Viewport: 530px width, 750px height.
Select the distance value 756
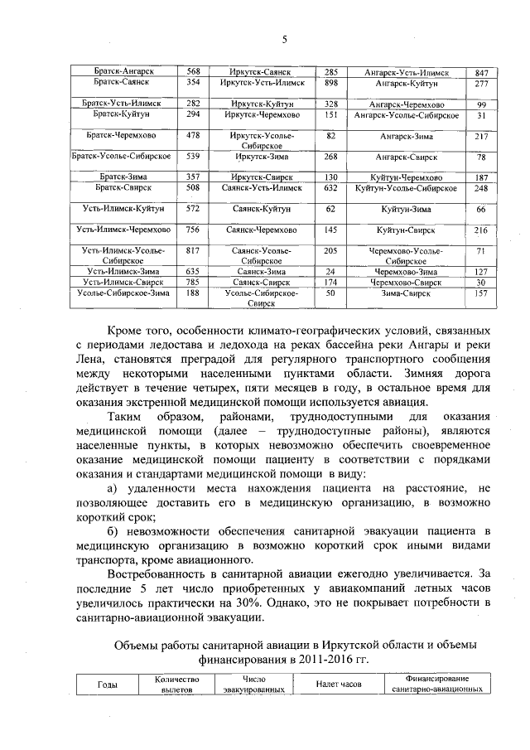click(193, 230)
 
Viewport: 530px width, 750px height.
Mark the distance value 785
click(193, 282)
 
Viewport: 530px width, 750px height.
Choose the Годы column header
click(108, 684)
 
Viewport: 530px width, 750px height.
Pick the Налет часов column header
click(340, 684)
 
